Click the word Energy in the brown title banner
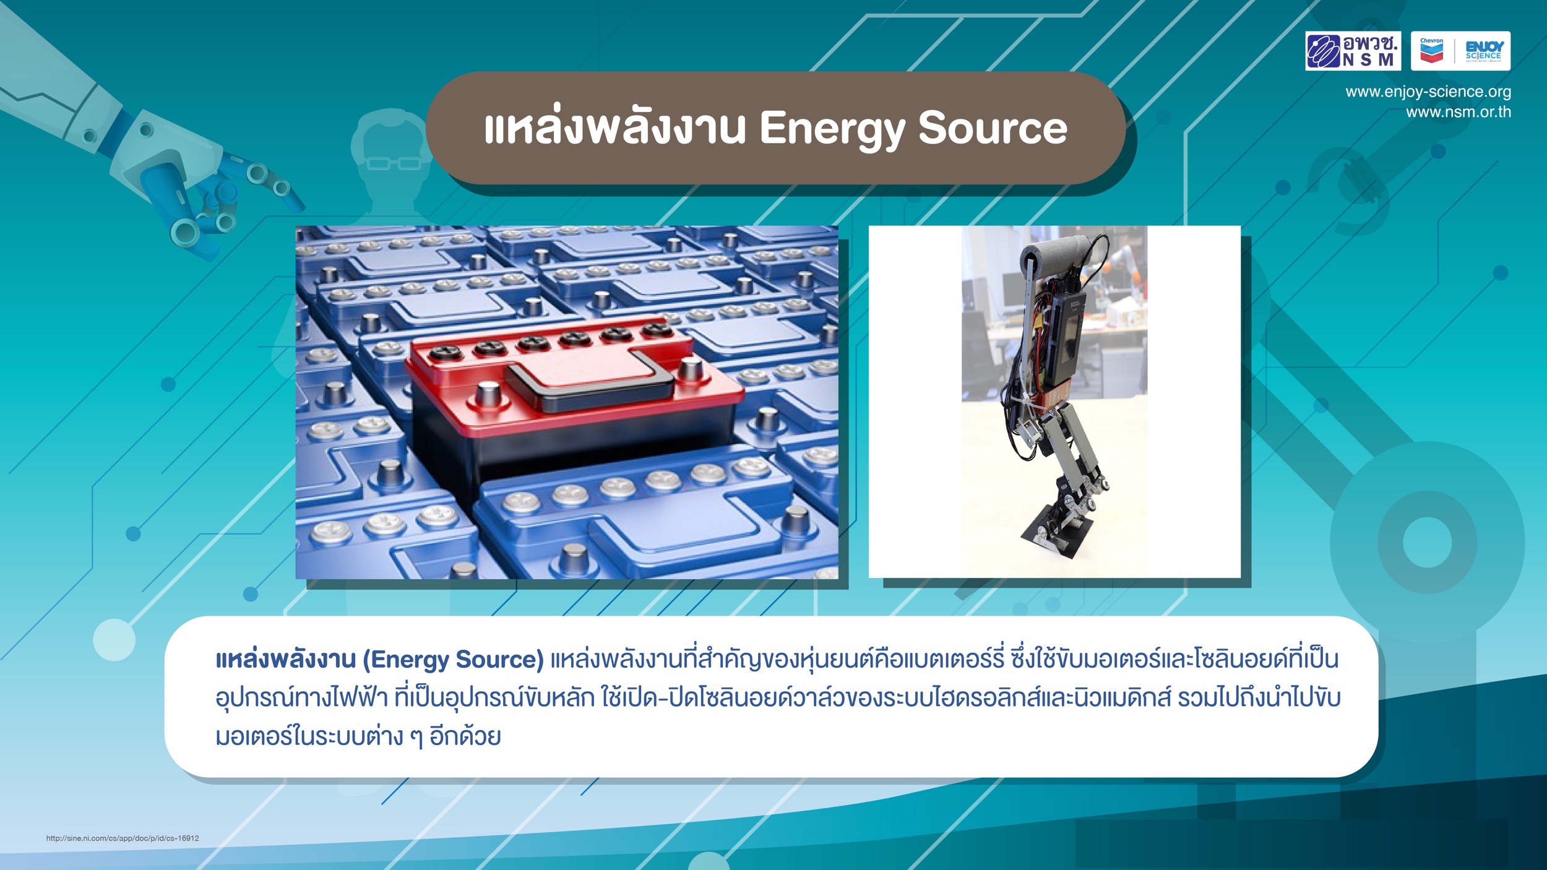(832, 129)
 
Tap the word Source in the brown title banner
(993, 128)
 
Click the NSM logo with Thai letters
(1353, 51)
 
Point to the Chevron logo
(1431, 51)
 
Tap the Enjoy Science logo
(1484, 51)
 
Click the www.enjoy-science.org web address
(1428, 92)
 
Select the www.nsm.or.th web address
(1459, 112)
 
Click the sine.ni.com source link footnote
(123, 838)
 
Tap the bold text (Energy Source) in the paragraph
(453, 660)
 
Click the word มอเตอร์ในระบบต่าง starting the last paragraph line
(309, 737)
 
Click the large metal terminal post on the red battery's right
(690, 371)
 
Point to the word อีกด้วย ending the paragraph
(465, 736)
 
